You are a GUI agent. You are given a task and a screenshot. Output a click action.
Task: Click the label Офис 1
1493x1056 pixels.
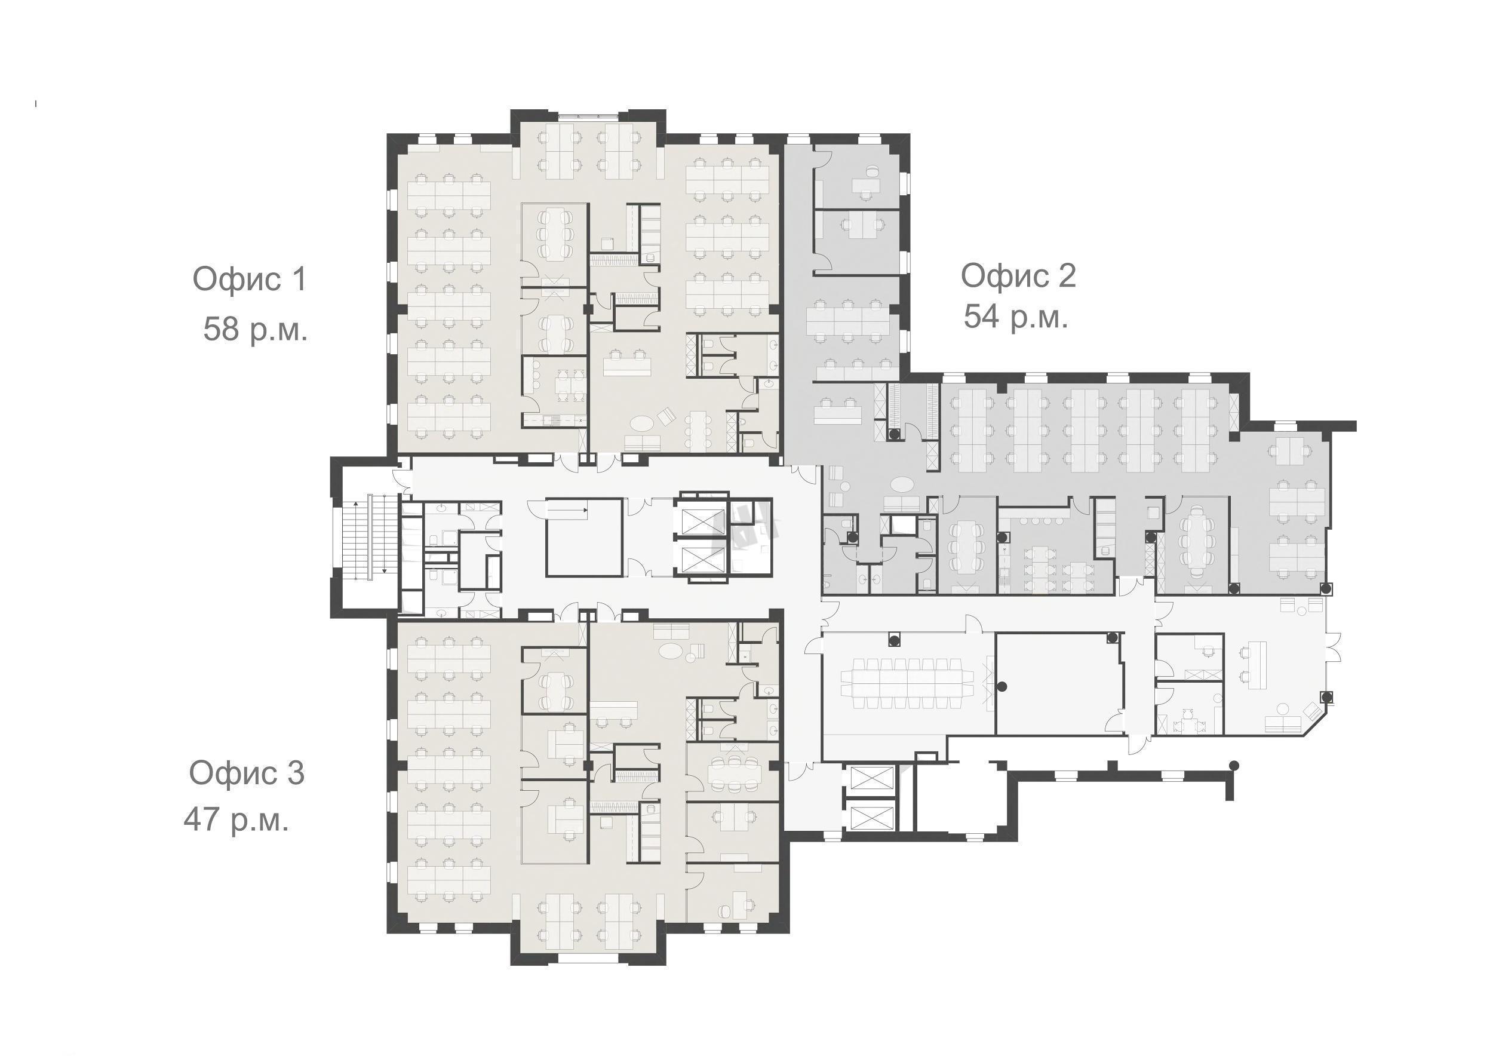[249, 280]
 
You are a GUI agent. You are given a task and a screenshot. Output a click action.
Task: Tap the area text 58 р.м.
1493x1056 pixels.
[255, 329]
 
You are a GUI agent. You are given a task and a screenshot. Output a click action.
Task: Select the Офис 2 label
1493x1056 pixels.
[1018, 276]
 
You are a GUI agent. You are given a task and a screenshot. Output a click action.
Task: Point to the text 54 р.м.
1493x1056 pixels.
[1016, 318]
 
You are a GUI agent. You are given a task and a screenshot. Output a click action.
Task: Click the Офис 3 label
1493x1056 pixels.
[247, 773]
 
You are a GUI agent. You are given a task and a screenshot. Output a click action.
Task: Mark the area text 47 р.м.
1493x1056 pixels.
[236, 820]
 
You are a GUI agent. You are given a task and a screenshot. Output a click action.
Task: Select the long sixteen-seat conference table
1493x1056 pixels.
[908, 683]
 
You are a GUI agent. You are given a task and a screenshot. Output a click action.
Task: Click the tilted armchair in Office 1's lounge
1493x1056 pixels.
[668, 416]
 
